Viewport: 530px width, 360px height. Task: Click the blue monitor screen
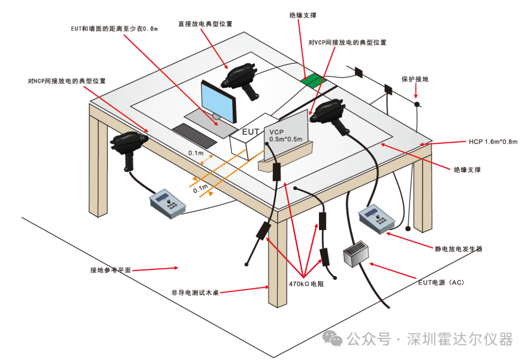pyautogui.click(x=218, y=102)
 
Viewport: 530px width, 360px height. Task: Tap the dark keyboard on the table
pyautogui.click(x=194, y=135)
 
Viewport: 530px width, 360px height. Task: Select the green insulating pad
pyautogui.click(x=314, y=81)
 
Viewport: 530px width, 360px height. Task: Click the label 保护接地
pyautogui.click(x=415, y=78)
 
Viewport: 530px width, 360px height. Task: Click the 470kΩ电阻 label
pyautogui.click(x=306, y=284)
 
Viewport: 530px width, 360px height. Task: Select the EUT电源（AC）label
pyautogui.click(x=441, y=283)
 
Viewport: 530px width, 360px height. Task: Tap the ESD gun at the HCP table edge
pyautogui.click(x=129, y=146)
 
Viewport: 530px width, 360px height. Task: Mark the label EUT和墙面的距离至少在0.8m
pyautogui.click(x=114, y=29)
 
